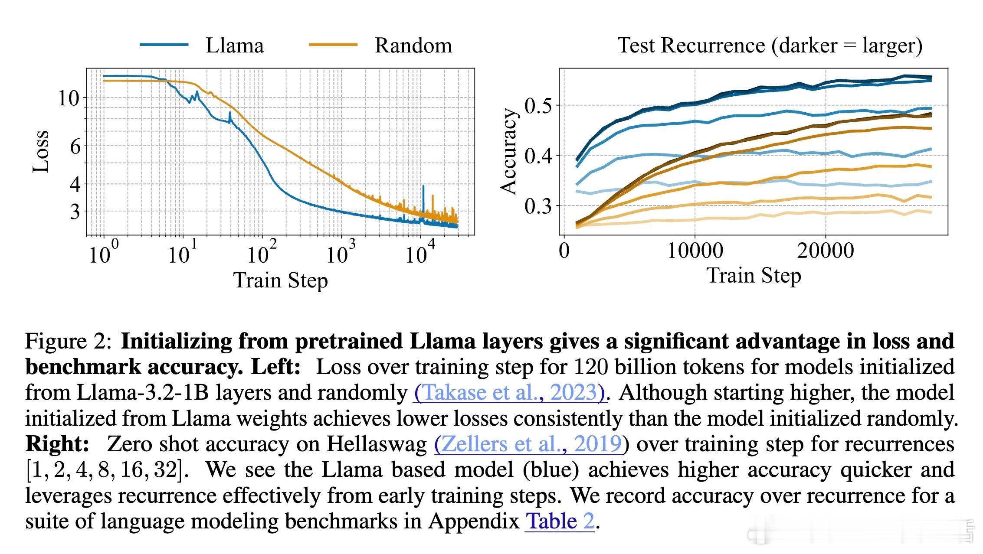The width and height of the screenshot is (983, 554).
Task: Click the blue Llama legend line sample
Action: coord(164,45)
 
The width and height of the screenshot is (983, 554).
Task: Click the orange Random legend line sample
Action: coord(333,45)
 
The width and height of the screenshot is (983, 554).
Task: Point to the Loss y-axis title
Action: coord(41,151)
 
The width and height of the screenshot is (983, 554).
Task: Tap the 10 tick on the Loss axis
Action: coord(69,99)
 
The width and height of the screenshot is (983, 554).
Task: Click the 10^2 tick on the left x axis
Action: coord(261,253)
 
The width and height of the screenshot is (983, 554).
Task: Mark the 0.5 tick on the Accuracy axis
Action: coord(539,105)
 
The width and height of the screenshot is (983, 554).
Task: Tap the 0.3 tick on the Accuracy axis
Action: coord(539,205)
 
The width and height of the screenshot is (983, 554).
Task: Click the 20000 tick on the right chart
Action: coord(825,251)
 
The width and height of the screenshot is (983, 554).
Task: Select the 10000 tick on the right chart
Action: coord(695,251)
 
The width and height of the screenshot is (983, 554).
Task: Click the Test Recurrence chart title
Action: coord(770,46)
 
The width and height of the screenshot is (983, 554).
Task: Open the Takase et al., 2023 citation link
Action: coord(509,393)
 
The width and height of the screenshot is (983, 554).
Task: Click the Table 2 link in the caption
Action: coord(560,521)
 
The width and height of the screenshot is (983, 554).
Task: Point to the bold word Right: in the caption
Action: coord(57,444)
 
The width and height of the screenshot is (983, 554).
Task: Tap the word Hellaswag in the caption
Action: coord(377,444)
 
